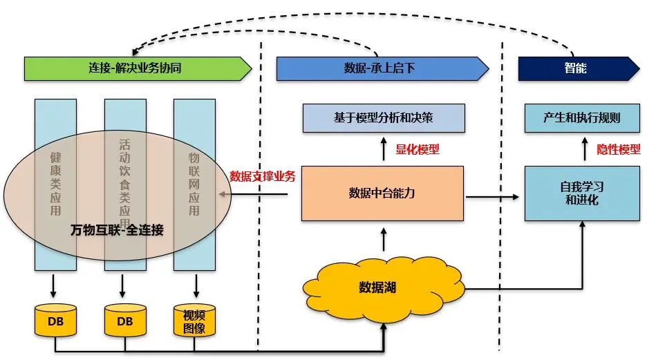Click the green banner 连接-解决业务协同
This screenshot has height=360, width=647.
138,68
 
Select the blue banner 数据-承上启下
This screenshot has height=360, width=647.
380,68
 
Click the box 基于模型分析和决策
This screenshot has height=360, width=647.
383,118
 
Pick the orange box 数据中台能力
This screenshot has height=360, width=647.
382,193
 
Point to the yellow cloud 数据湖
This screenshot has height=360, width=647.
382,287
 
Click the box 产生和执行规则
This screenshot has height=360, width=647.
582,118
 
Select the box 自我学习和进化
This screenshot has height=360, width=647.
582,193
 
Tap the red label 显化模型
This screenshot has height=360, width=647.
417,149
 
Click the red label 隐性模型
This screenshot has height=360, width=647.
618,149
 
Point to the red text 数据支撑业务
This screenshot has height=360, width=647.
263,176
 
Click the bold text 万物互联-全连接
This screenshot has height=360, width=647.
118,230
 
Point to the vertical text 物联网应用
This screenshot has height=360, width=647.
194,183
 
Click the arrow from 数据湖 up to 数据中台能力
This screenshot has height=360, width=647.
383,240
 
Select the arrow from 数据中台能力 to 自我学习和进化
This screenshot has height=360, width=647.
492,198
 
